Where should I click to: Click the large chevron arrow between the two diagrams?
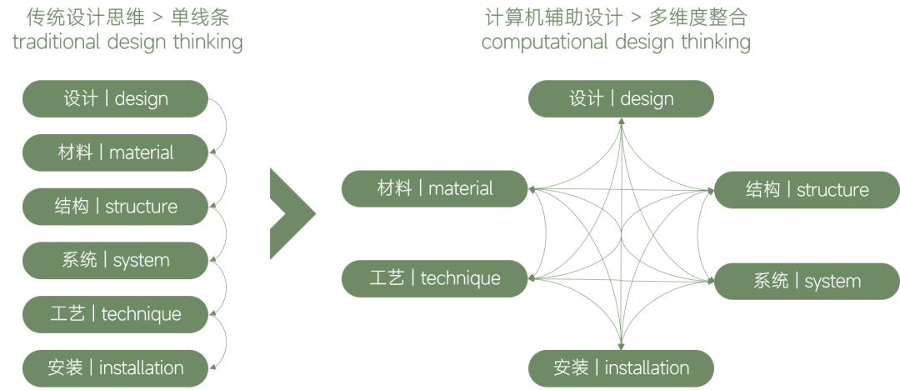click(290, 213)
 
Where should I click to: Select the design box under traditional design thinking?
click(115, 98)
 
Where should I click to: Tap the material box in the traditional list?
click(115, 152)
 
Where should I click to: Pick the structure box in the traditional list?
click(115, 206)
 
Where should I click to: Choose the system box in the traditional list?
click(115, 260)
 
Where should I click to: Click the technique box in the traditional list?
click(115, 314)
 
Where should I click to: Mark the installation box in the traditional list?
click(115, 367)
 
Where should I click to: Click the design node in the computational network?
click(622, 98)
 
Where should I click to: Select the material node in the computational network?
click(435, 188)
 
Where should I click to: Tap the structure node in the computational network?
click(807, 190)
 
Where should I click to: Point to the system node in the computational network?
click(807, 281)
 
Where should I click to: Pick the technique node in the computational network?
click(435, 277)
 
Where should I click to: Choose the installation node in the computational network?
click(622, 367)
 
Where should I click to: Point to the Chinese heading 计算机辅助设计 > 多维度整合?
click(616, 17)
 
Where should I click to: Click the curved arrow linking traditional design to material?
click(221, 125)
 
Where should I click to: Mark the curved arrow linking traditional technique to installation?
click(221, 341)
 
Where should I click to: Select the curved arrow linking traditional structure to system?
click(221, 233)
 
